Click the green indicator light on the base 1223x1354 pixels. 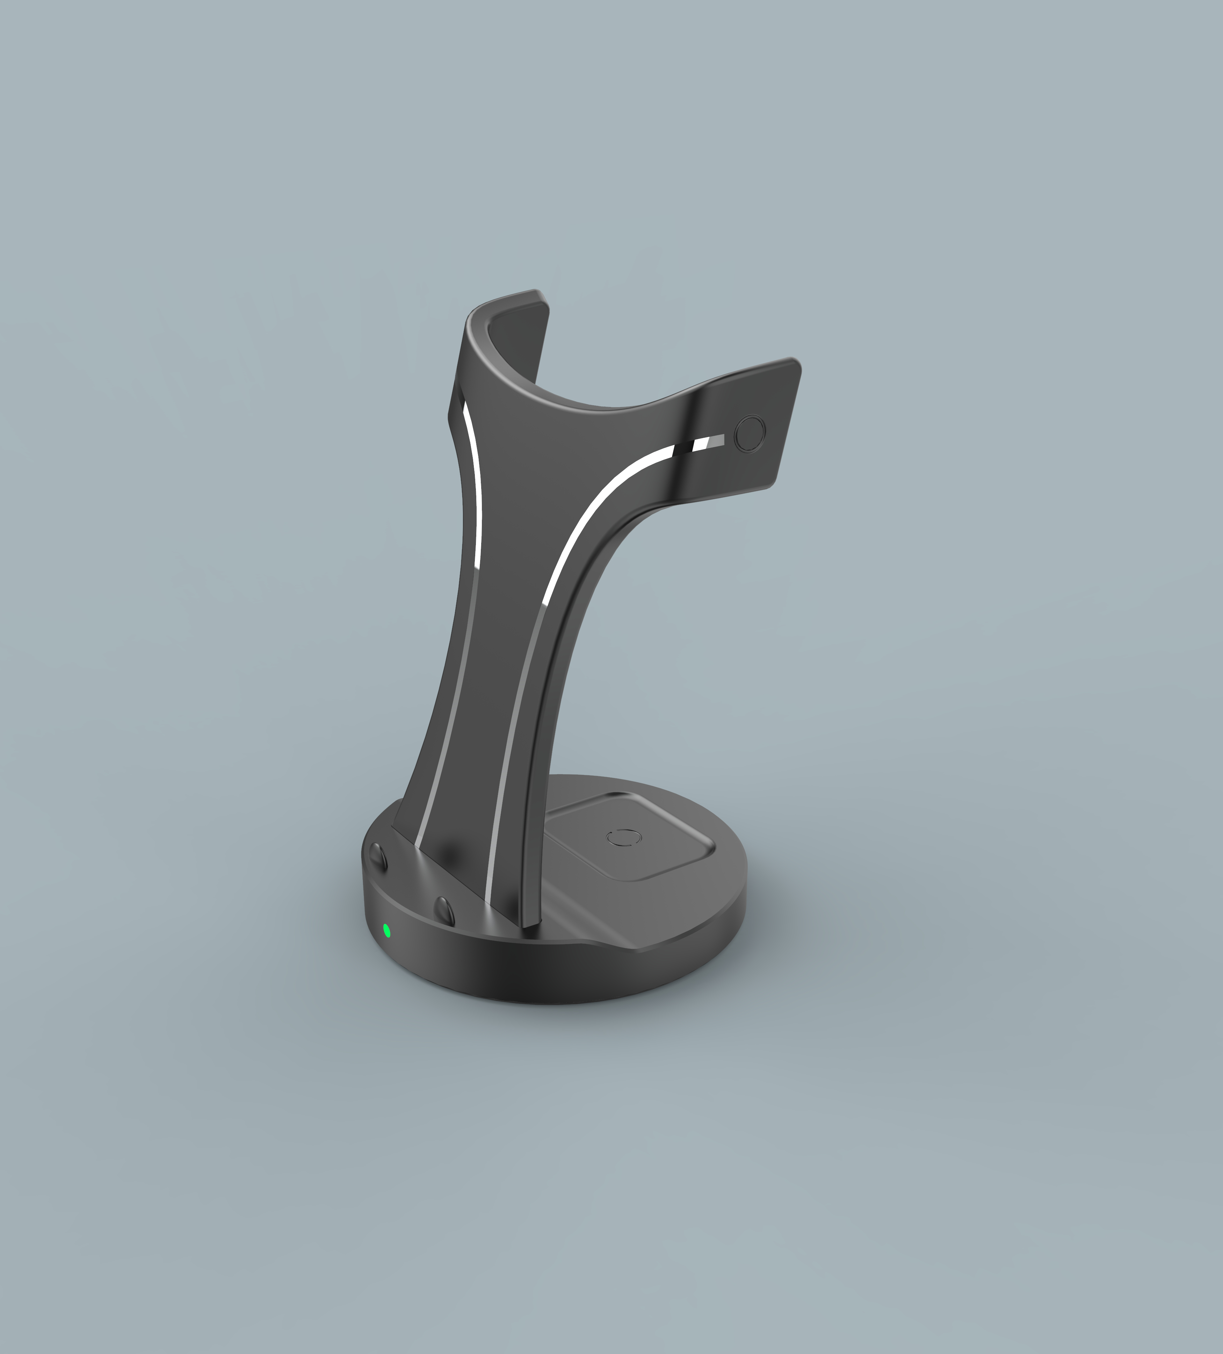coord(386,930)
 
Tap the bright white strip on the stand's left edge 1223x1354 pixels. coord(473,484)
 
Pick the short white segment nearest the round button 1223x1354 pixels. coord(701,444)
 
